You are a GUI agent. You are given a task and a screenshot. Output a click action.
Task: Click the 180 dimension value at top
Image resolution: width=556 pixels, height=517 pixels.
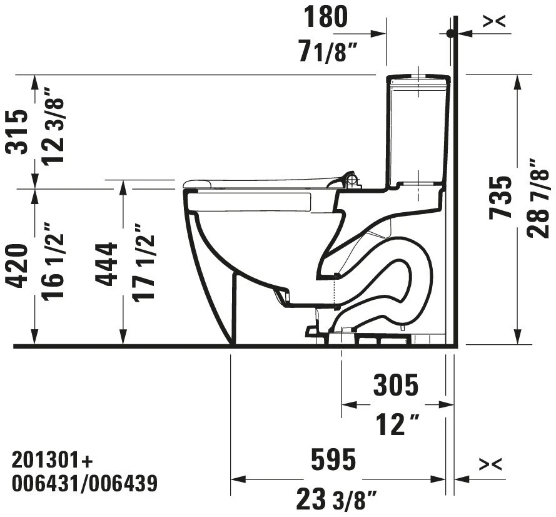pyautogui.click(x=326, y=17)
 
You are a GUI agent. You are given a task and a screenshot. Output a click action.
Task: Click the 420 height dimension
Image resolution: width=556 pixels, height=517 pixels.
pyautogui.click(x=19, y=265)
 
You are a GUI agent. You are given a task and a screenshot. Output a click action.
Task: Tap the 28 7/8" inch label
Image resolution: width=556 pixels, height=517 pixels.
pyautogui.click(x=537, y=197)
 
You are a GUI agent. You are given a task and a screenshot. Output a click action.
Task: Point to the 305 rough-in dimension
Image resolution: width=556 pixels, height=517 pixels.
pyautogui.click(x=396, y=386)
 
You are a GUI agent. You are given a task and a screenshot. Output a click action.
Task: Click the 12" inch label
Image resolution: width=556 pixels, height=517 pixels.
pyautogui.click(x=396, y=426)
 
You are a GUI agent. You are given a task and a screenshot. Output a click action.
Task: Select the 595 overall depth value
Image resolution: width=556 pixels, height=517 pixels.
pyautogui.click(x=334, y=460)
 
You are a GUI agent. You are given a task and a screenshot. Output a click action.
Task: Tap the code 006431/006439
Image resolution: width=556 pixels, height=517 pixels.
pyautogui.click(x=84, y=484)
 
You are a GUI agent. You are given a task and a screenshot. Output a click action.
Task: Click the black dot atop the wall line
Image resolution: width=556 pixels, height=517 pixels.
pyautogui.click(x=450, y=33)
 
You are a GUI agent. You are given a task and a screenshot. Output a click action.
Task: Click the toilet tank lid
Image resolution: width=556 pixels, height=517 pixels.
pyautogui.click(x=419, y=79)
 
